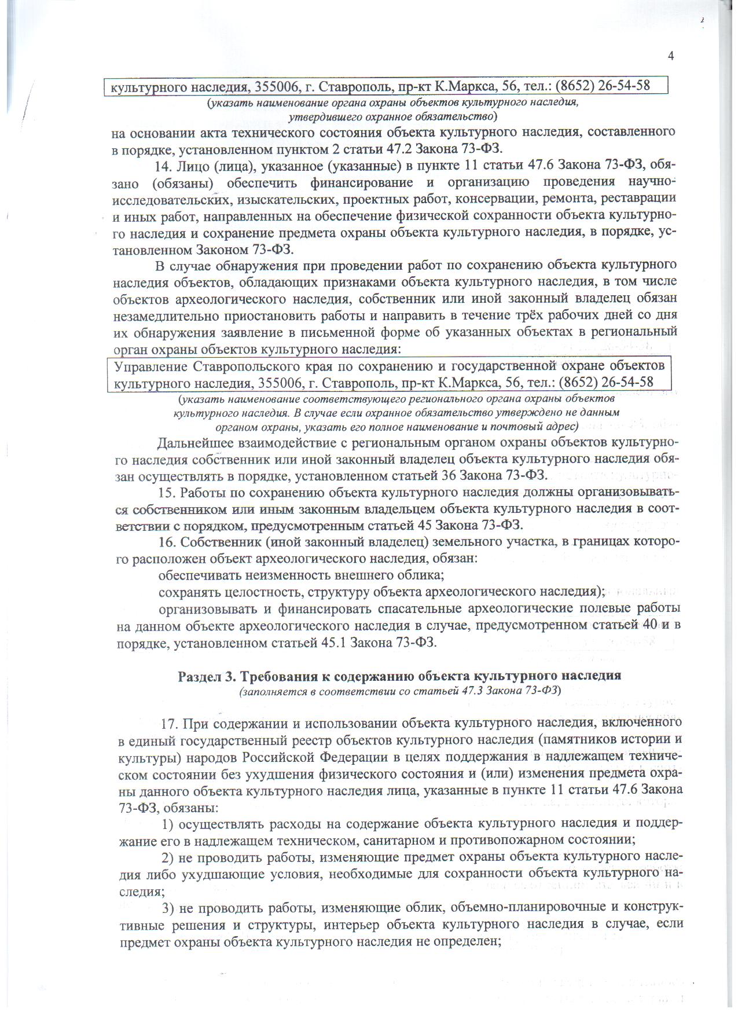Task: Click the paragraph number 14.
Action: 163,165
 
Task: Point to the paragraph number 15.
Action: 166,493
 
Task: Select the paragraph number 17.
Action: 168,724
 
